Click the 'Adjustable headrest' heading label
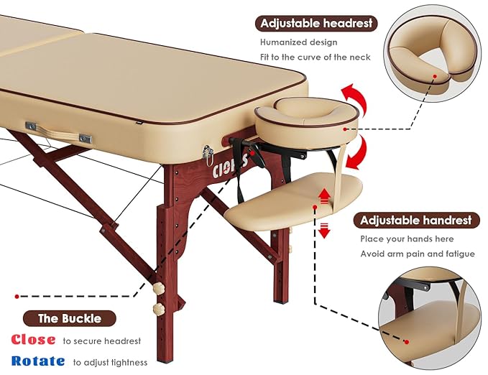317,24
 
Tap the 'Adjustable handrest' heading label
416,220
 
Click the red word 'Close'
33,340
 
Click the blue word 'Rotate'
37,361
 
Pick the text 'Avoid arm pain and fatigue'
417,254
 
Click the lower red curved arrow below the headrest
354,152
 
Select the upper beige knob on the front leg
157,288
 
